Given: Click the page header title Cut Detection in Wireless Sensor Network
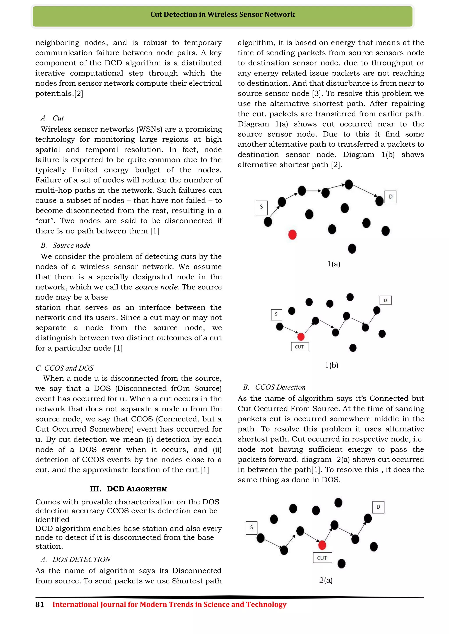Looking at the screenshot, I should pos(223,14).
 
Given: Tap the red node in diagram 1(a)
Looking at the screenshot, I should pos(292,235).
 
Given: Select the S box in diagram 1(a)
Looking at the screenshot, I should pos(261,208).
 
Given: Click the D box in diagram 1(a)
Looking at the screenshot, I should pos(390,197).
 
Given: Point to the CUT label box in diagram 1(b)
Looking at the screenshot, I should pos(300,347).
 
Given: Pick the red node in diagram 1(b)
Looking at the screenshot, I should pos(301,337).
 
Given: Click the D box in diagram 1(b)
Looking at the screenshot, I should pos(385,300).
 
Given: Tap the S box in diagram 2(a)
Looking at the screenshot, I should pos(251,528).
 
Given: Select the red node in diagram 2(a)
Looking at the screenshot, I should pos(322,545).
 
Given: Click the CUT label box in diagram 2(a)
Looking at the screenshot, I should pos(322,558).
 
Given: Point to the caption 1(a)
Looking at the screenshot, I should pos(334,264).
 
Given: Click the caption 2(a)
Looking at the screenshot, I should pos(326,580).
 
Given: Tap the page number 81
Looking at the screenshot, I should pos(39,604).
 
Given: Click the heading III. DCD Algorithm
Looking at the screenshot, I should pos(128,489).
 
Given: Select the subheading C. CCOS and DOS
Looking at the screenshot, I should pos(64,368).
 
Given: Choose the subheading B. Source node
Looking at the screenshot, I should pos(66,245).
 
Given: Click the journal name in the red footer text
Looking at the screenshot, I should pos(169,604).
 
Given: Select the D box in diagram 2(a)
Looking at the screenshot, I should pos(378,507).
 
